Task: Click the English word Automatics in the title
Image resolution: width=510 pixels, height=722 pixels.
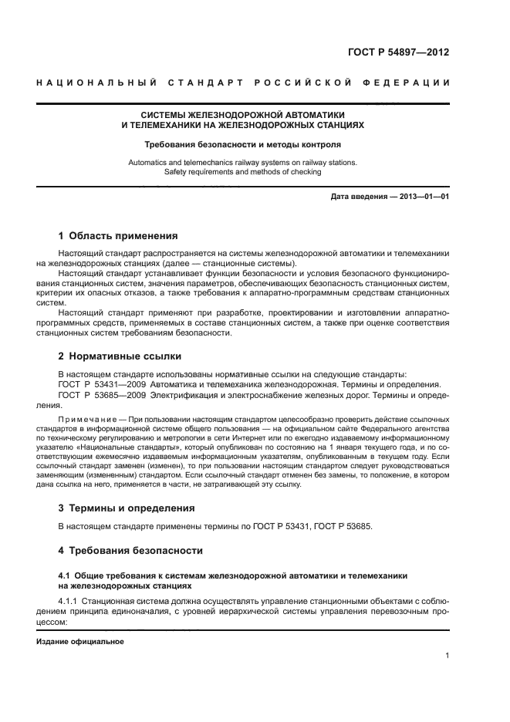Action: (x=148, y=163)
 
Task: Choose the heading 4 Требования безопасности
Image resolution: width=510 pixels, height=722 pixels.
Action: (x=130, y=551)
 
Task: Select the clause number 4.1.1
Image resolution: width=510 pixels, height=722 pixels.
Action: (x=70, y=600)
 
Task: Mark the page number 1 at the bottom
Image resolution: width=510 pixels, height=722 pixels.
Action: (x=447, y=656)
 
